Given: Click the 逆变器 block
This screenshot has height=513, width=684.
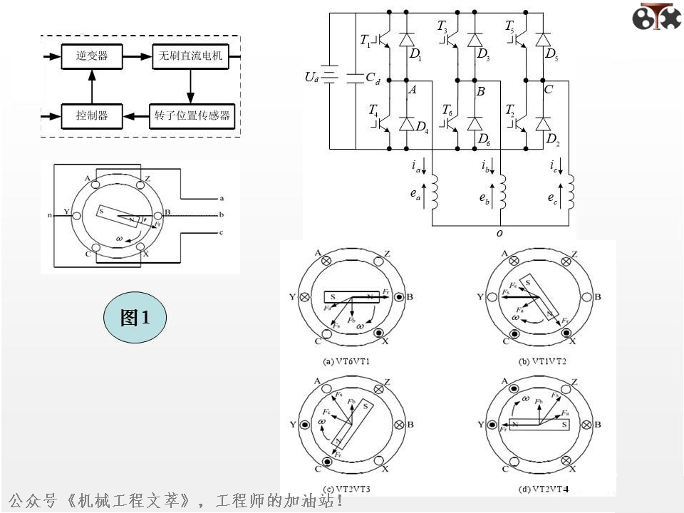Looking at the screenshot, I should tap(92, 56).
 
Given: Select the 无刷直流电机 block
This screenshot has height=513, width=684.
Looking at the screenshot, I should tap(191, 56).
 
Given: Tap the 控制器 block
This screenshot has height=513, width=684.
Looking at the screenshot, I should tap(92, 115).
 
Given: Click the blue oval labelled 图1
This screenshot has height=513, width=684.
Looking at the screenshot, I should tap(135, 318).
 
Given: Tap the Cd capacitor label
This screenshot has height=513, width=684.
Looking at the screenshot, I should tap(372, 80).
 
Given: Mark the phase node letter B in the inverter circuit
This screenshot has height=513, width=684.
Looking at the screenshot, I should tap(480, 91).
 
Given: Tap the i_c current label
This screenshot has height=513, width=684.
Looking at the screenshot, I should tap(554, 167).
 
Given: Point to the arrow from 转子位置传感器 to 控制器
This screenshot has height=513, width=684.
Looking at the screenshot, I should tap(135, 115).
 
